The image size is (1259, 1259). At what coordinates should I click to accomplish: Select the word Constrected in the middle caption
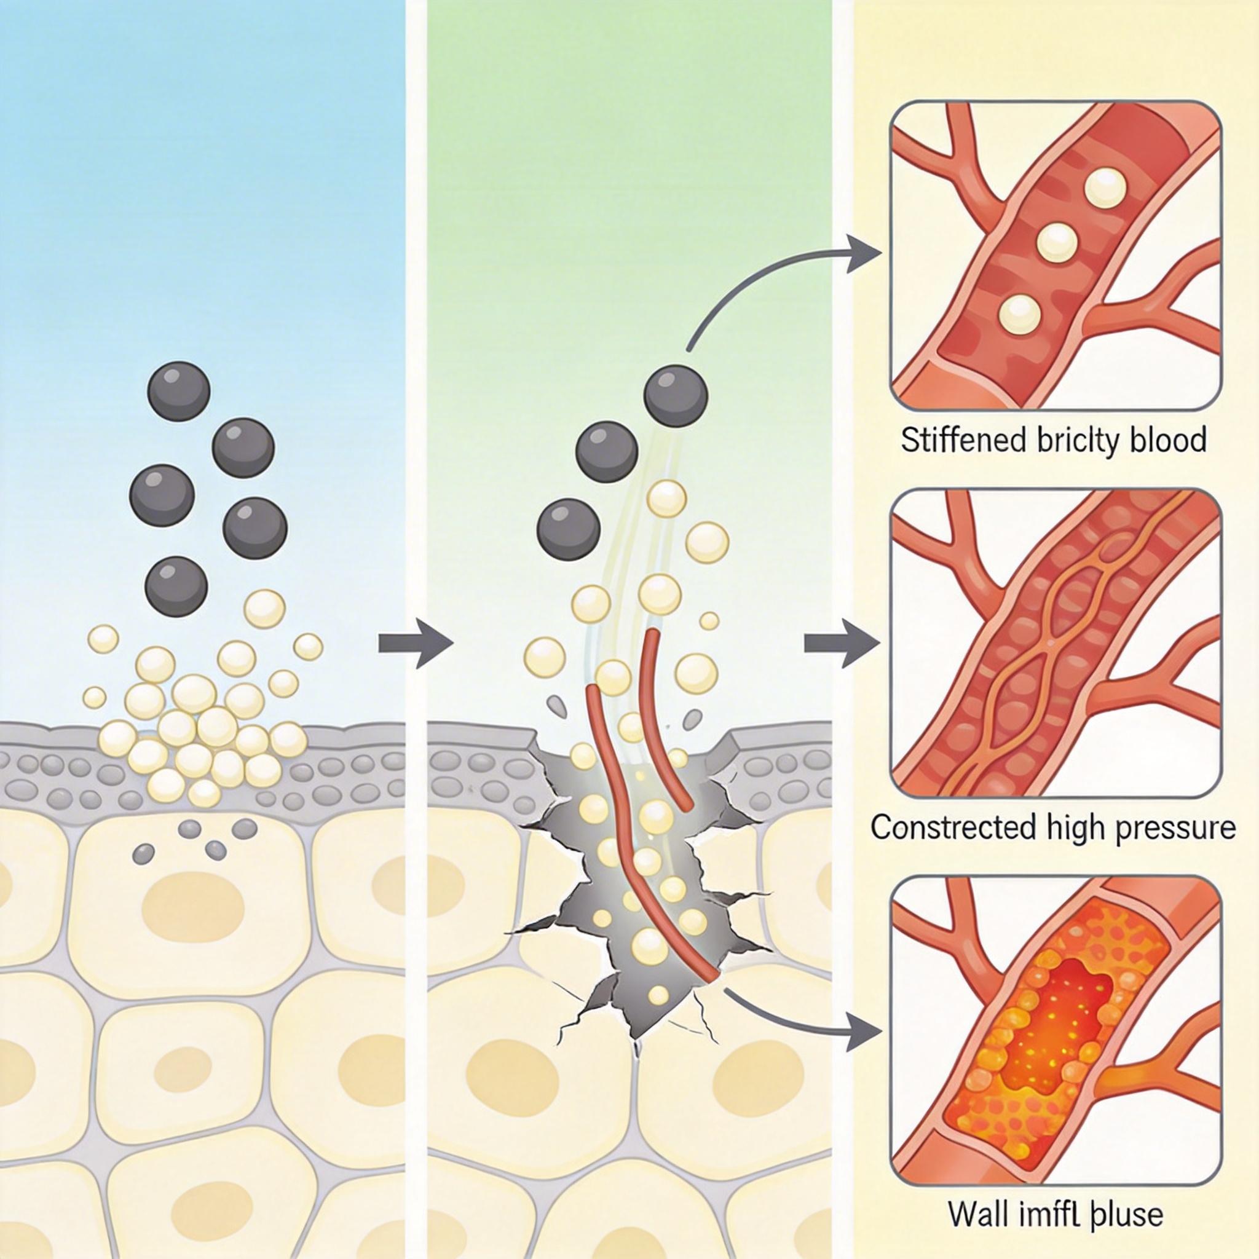point(952,827)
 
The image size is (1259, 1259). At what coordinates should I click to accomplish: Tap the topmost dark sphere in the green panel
point(676,395)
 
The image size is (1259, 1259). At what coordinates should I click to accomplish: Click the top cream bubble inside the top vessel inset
point(1105,188)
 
